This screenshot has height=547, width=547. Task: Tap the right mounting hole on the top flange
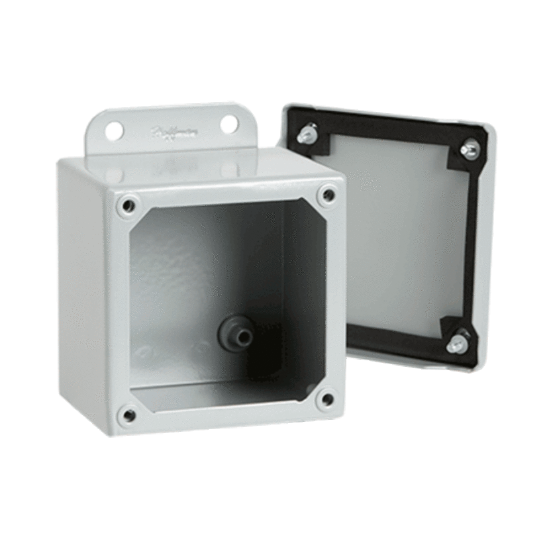[x=228, y=124]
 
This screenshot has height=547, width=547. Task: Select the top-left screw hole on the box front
[x=126, y=205]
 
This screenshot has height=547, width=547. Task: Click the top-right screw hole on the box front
[x=328, y=195]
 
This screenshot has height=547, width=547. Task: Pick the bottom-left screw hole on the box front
[x=129, y=415]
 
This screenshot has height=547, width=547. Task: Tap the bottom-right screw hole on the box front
[x=326, y=398]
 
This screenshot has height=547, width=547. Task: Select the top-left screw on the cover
[x=306, y=136]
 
